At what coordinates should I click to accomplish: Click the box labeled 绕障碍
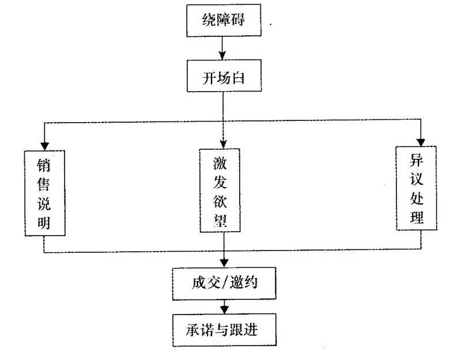pyautogui.click(x=224, y=20)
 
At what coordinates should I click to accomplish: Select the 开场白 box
pyautogui.click(x=224, y=76)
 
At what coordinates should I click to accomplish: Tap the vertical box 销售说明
pyautogui.click(x=45, y=193)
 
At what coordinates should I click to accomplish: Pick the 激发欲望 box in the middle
pyautogui.click(x=220, y=191)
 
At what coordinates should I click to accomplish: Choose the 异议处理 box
pyautogui.click(x=416, y=188)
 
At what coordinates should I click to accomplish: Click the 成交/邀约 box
pyautogui.click(x=224, y=283)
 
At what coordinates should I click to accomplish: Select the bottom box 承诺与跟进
pyautogui.click(x=224, y=330)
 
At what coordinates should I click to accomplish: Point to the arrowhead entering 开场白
pyautogui.click(x=222, y=55)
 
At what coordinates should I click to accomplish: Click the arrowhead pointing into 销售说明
pyautogui.click(x=44, y=146)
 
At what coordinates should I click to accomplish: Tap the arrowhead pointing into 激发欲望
pyautogui.click(x=223, y=145)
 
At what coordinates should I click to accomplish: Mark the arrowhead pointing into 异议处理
pyautogui.click(x=421, y=142)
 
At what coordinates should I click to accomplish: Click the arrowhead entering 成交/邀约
pyautogui.click(x=224, y=263)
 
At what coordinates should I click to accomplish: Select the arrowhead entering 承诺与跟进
pyautogui.click(x=224, y=309)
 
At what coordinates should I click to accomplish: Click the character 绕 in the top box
pyautogui.click(x=209, y=20)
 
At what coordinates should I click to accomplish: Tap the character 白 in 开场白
pyautogui.click(x=238, y=78)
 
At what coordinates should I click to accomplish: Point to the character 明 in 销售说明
pyautogui.click(x=44, y=222)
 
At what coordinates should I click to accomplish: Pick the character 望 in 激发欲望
pyautogui.click(x=220, y=220)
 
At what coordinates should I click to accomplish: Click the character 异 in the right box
pyautogui.click(x=417, y=160)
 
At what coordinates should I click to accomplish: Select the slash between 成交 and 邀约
pyautogui.click(x=225, y=283)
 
